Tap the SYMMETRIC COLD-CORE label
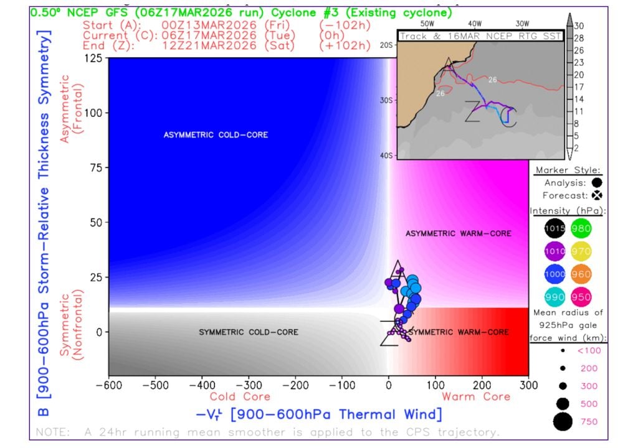click(236, 332)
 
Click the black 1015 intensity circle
click(555, 228)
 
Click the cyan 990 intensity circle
click(555, 297)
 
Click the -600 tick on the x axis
click(108, 386)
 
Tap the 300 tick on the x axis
click(528, 386)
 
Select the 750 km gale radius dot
click(562, 422)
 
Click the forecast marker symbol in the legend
click(597, 195)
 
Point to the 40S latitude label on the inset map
click(386, 156)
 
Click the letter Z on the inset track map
click(472, 113)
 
